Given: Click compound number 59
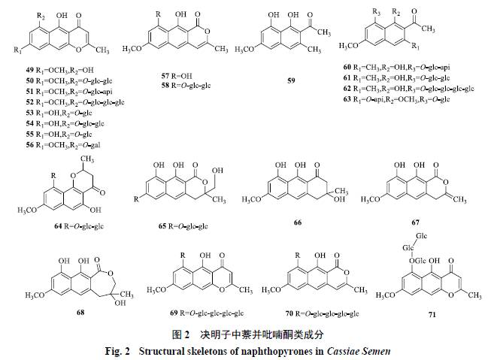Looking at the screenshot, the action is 291,80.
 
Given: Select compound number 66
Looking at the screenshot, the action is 298,222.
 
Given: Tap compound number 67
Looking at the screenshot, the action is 415,222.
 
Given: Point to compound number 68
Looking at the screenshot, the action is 80,312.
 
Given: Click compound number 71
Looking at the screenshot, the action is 432,315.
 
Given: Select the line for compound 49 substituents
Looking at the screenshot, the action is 60,70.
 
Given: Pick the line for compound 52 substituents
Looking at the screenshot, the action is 75,102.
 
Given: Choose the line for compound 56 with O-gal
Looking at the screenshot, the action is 63,145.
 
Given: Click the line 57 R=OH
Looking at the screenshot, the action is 177,76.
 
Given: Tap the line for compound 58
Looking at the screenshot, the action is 186,86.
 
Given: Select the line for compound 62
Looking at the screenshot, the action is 408,89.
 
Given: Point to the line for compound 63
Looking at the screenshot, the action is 396,99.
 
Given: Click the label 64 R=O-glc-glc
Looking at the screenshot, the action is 79,226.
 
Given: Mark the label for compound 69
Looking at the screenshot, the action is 207,313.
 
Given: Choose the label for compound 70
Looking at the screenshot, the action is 322,313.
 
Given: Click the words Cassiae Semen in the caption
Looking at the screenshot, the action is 359,352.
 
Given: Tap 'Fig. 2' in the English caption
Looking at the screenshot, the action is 117,352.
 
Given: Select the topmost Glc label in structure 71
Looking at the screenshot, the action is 422,236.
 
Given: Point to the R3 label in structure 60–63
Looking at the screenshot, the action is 376,12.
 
